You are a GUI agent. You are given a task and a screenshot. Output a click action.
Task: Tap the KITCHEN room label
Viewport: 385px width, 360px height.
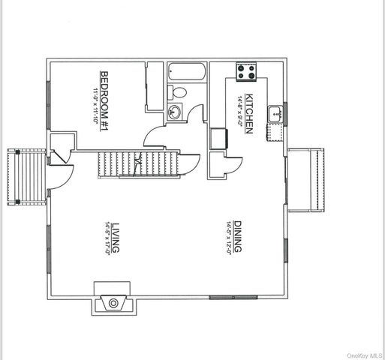[x=249, y=115]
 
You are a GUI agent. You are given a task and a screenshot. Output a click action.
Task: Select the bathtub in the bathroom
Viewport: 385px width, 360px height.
[x=183, y=72]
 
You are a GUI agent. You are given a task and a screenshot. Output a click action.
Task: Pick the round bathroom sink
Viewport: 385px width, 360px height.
[x=174, y=112]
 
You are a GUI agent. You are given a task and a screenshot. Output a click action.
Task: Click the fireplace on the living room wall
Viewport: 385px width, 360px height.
[x=113, y=298]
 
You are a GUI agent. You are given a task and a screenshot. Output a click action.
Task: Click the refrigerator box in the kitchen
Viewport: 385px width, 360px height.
[x=219, y=139]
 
